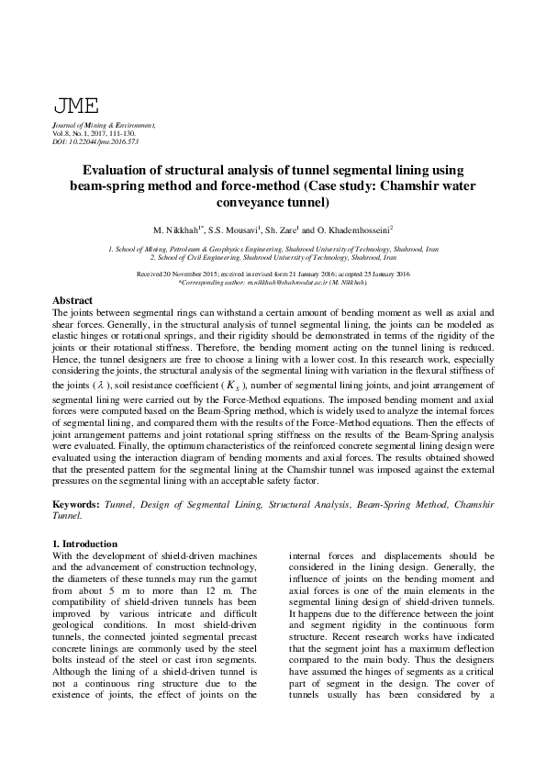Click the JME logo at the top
[x=76, y=106]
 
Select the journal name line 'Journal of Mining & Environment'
[x=104, y=125]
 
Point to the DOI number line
[x=95, y=141]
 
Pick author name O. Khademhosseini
[x=353, y=230]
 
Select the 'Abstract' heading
[x=72, y=301]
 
